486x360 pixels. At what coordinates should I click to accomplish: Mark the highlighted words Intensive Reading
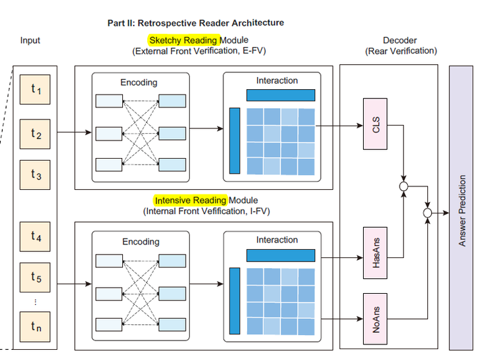(190, 200)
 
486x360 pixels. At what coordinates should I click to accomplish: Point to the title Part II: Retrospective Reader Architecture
(196, 23)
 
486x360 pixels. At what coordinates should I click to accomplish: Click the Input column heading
(30, 41)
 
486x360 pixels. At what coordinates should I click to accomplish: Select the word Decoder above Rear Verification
(401, 41)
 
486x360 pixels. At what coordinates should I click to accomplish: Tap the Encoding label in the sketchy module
(139, 82)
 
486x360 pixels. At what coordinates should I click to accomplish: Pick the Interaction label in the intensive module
(277, 240)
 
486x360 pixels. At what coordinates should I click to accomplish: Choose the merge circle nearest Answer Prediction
(427, 213)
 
